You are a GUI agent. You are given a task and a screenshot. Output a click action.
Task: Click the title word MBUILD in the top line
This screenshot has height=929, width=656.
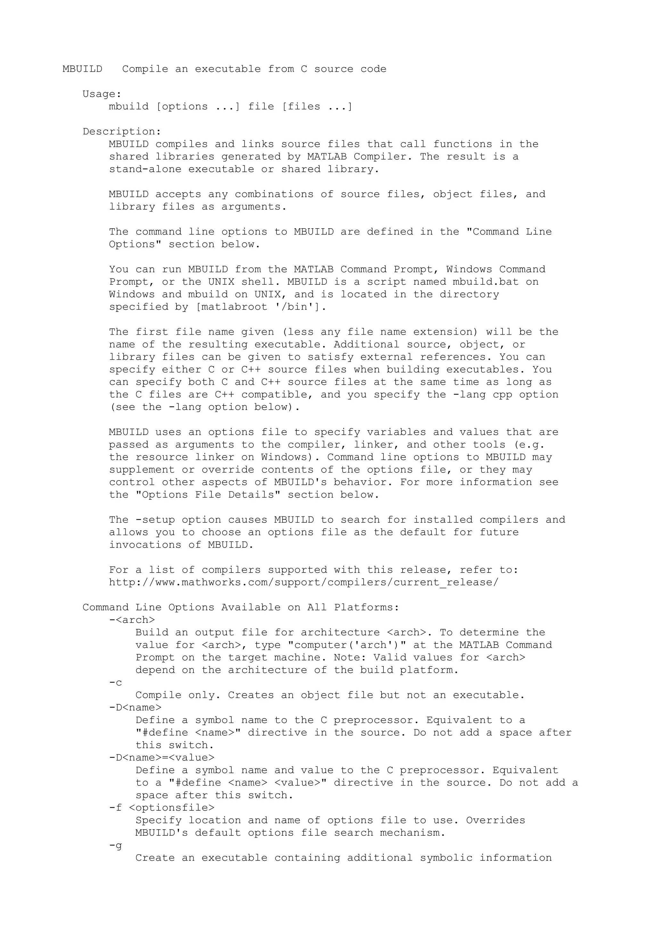tap(82, 69)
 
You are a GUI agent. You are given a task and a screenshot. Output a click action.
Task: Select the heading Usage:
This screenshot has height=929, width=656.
tap(102, 94)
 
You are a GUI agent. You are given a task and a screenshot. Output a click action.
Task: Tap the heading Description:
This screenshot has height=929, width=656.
tap(122, 132)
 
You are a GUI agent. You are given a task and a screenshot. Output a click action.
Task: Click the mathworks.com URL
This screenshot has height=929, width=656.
tap(304, 583)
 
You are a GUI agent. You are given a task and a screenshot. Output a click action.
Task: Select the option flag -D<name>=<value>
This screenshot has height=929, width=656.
tap(162, 758)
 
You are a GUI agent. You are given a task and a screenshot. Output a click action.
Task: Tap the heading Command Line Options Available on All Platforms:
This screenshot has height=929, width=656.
tap(241, 608)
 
